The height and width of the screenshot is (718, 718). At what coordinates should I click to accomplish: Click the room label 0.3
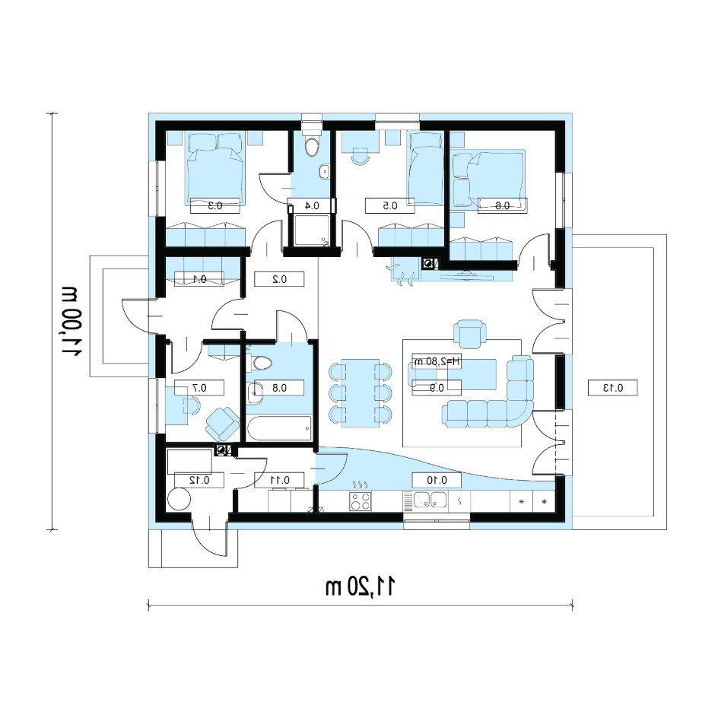pyautogui.click(x=215, y=205)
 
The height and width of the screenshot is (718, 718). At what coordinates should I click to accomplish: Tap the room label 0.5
pyautogui.click(x=389, y=205)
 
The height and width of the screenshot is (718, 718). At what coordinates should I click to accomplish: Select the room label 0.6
pyautogui.click(x=502, y=205)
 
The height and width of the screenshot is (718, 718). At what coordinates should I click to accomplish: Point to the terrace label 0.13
pyautogui.click(x=613, y=388)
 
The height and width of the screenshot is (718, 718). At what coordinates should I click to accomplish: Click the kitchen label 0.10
pyautogui.click(x=437, y=480)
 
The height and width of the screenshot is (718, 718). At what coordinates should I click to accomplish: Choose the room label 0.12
pyautogui.click(x=199, y=480)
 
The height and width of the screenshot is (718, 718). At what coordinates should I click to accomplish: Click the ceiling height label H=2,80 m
pyautogui.click(x=437, y=362)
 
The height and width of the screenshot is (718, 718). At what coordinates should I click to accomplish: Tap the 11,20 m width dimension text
pyautogui.click(x=360, y=586)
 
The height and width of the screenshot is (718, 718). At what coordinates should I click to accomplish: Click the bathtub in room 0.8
pyautogui.click(x=279, y=427)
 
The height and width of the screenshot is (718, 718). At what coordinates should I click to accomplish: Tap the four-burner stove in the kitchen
pyautogui.click(x=361, y=501)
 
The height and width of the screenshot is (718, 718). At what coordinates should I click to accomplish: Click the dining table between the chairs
pyautogui.click(x=361, y=393)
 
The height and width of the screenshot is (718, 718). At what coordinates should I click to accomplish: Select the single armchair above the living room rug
pyautogui.click(x=469, y=334)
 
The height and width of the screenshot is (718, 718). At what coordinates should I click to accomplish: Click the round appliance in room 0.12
pyautogui.click(x=179, y=499)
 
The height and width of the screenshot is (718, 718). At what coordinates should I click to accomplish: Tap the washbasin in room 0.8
pyautogui.click(x=254, y=392)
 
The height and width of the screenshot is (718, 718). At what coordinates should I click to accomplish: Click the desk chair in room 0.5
pyautogui.click(x=361, y=156)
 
